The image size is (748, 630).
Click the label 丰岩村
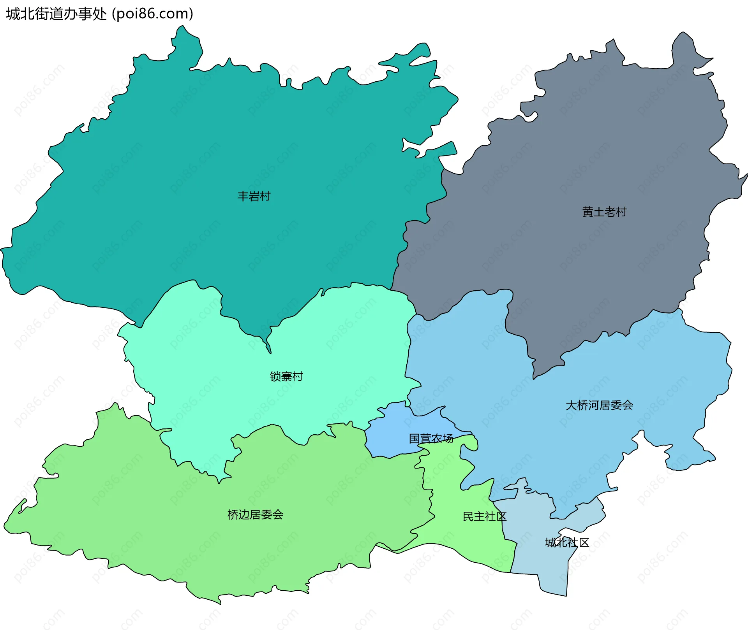(x=254, y=196)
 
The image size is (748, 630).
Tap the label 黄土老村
(x=604, y=212)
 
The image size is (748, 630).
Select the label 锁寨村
(x=286, y=376)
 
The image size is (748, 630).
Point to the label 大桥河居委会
(x=599, y=405)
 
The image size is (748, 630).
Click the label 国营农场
(x=431, y=439)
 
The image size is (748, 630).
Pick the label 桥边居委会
(x=255, y=515)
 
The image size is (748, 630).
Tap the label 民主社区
(x=484, y=517)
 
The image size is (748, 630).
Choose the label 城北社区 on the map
(x=567, y=542)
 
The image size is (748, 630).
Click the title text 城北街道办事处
(x=56, y=14)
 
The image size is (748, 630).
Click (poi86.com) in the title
(x=153, y=14)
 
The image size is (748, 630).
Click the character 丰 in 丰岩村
(x=243, y=196)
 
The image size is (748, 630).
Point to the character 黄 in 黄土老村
(x=587, y=212)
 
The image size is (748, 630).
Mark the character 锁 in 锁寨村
(x=275, y=376)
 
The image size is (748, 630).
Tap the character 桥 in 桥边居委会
(x=233, y=515)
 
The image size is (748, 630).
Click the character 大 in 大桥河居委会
(x=571, y=405)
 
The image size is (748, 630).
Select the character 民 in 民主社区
(x=468, y=517)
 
